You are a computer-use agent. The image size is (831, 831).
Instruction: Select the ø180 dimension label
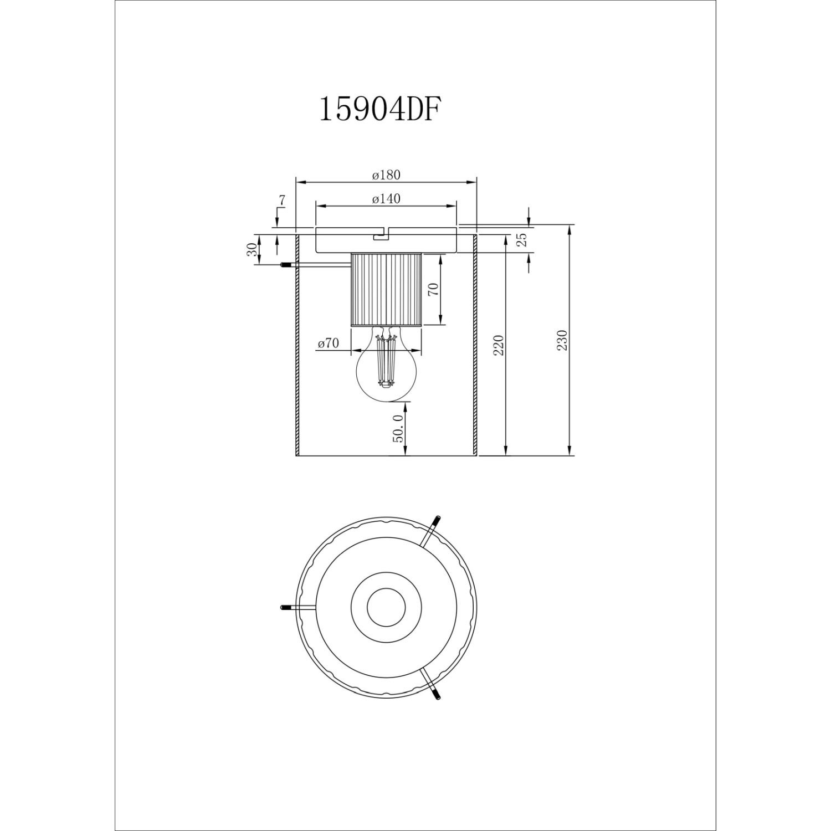tap(386, 175)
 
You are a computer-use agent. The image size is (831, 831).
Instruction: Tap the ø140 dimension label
tap(386, 199)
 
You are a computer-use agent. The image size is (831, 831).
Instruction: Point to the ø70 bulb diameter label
tap(329, 343)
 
